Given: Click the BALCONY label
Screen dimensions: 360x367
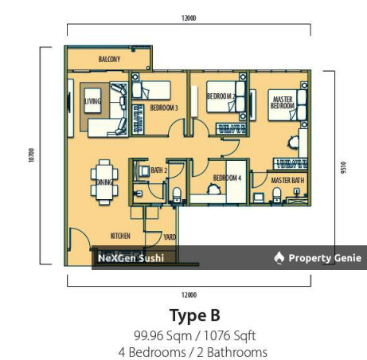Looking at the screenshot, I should tap(110, 60).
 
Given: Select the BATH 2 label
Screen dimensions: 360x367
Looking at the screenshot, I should tap(160, 170).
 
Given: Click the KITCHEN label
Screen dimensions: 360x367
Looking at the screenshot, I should tap(120, 236).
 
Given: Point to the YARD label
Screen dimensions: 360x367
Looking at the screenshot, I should tap(170, 237).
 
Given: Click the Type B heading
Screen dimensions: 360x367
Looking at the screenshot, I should tap(193, 315).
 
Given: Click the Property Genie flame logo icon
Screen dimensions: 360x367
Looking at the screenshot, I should tap(279, 257).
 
